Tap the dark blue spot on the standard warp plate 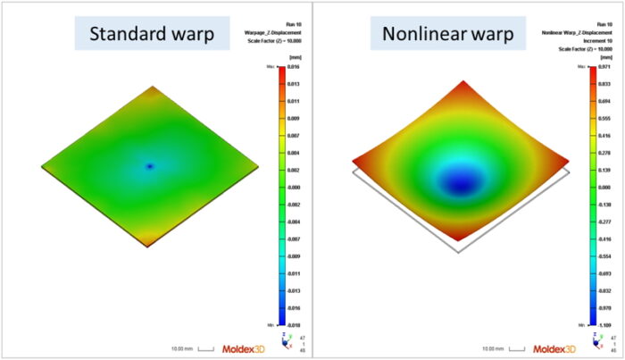pos(150,166)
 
